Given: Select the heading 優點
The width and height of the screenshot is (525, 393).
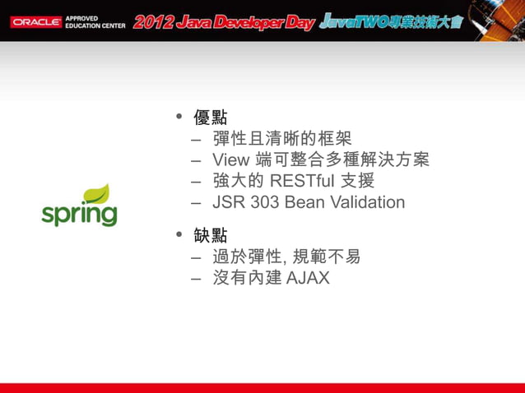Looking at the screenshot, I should [210, 117].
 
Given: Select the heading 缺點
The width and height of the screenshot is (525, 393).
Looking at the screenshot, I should [210, 235].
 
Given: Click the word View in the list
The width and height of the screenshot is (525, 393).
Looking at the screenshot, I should [227, 160].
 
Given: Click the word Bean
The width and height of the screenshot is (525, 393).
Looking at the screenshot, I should [301, 202].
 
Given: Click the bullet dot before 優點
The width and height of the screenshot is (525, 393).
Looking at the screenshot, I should [179, 118].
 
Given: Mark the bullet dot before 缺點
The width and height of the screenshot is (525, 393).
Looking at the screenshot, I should [179, 236].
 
